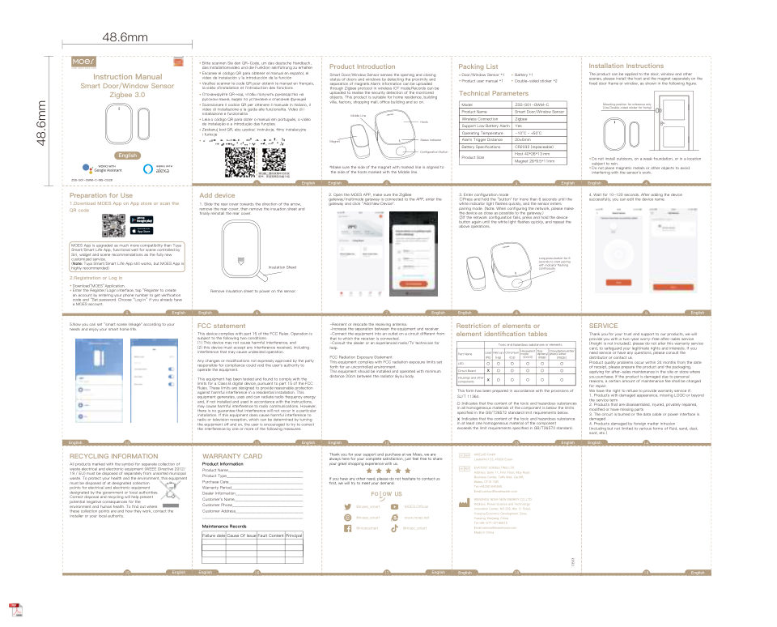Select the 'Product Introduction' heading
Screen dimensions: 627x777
tap(363, 66)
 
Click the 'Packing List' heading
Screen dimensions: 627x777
tap(478, 66)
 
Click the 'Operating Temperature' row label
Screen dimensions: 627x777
tap(484, 132)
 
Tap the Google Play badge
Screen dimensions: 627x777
tap(142, 220)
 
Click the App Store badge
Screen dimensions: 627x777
tap(142, 230)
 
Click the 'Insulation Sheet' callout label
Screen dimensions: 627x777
tap(282, 267)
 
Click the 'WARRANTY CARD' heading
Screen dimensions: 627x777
tap(232, 456)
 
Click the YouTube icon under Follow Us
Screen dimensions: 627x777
tap(397, 506)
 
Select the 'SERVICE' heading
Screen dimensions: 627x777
tap(604, 325)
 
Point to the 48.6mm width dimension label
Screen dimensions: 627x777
tap(125, 37)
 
